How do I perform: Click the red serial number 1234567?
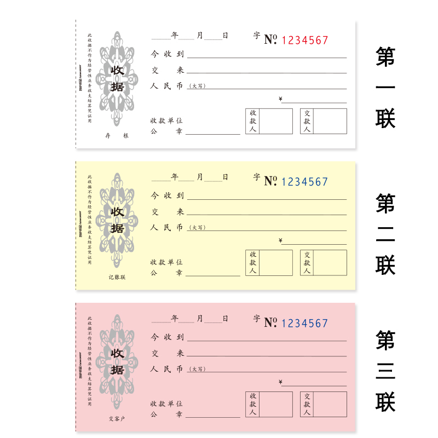pyautogui.click(x=305, y=40)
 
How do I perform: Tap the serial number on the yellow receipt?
pyautogui.click(x=305, y=182)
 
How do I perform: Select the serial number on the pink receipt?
pyautogui.click(x=305, y=324)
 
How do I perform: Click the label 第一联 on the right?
pyautogui.click(x=385, y=88)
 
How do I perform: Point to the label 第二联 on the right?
pyautogui.click(x=385, y=234)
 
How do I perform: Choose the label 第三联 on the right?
pyautogui.click(x=385, y=371)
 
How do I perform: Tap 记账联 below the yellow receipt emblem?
pyautogui.click(x=117, y=277)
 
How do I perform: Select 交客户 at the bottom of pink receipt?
pyautogui.click(x=117, y=419)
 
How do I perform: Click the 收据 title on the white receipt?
pyautogui.click(x=117, y=78)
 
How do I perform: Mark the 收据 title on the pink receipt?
pyautogui.click(x=117, y=362)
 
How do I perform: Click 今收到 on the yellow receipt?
pyautogui.click(x=167, y=195)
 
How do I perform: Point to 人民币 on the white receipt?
pyautogui.click(x=167, y=85)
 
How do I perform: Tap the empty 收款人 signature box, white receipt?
pyautogui.click(x=275, y=121)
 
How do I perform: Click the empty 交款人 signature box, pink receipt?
pyautogui.click(x=330, y=404)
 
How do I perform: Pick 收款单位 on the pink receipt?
pyautogui.click(x=166, y=404)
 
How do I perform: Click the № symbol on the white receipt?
pyautogui.click(x=270, y=39)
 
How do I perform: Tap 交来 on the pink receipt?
pyautogui.click(x=167, y=353)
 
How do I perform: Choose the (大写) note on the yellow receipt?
pyautogui.click(x=197, y=228)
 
